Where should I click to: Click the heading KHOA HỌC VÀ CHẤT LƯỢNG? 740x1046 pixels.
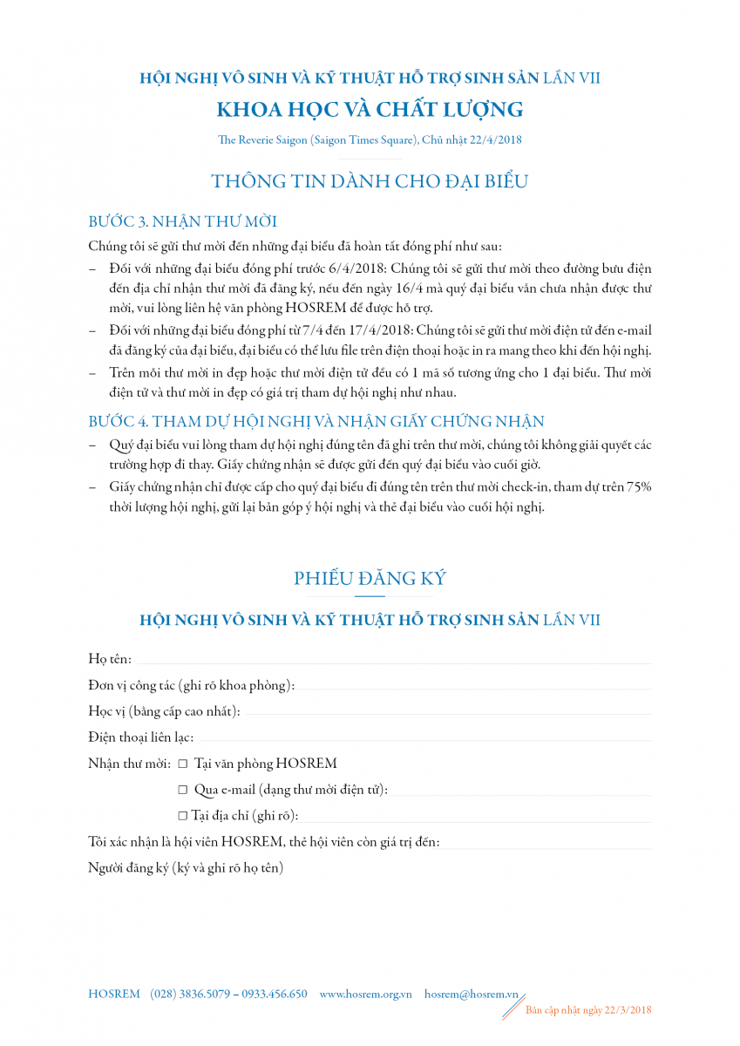tap(370, 110)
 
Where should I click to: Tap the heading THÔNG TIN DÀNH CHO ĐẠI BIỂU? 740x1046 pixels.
tap(370, 181)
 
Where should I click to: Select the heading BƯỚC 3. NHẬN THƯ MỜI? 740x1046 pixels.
tap(183, 221)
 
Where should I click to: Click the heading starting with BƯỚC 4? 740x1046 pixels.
tap(316, 422)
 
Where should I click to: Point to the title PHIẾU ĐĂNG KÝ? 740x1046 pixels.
tap(370, 578)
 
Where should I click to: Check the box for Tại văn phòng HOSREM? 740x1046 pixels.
tap(183, 764)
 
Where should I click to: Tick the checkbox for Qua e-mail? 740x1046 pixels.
tap(183, 790)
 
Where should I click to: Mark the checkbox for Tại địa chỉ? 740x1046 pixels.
tap(183, 816)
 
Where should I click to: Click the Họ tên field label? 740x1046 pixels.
tap(110, 659)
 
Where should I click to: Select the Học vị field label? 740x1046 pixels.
tap(164, 711)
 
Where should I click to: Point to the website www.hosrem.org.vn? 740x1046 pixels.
tap(366, 994)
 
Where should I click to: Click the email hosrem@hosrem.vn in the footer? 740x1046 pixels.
tap(472, 994)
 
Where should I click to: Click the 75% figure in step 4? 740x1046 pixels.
tap(637, 487)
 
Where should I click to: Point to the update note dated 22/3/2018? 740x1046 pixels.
tap(588, 1010)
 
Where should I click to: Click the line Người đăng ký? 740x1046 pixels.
tap(186, 868)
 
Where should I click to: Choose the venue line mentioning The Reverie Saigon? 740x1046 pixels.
tap(370, 139)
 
